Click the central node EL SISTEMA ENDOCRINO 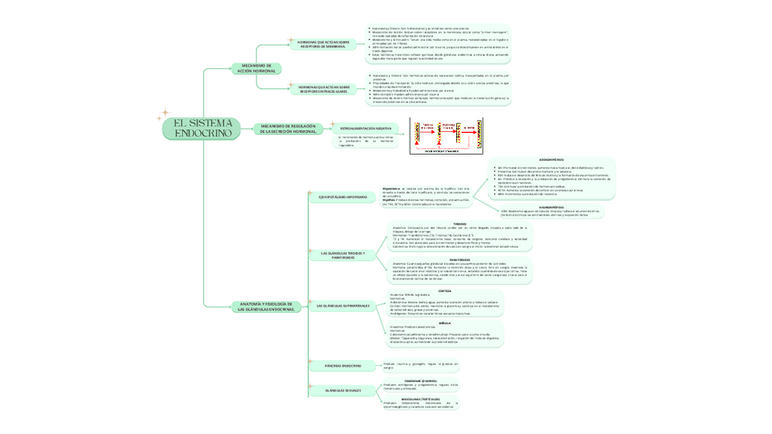(202, 128)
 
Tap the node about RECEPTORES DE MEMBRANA (323, 44)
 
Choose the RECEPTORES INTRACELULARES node (323, 89)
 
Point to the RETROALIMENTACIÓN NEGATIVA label (365, 129)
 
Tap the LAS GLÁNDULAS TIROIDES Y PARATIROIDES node (343, 255)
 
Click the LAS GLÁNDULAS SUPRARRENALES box (343, 306)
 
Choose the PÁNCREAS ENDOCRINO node (342, 366)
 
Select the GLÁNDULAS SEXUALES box (343, 390)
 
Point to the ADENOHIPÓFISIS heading (553, 159)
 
